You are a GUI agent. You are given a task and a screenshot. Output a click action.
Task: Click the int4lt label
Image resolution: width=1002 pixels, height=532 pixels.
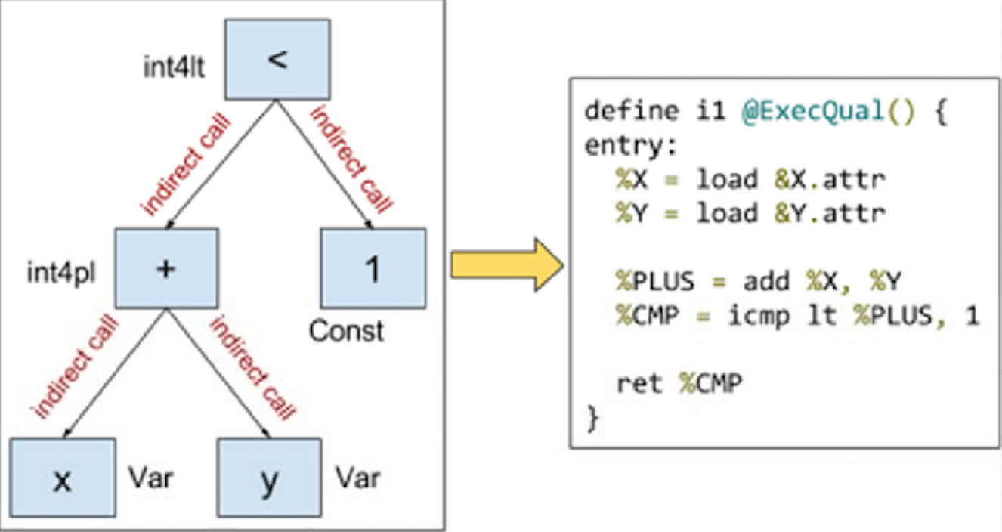174,68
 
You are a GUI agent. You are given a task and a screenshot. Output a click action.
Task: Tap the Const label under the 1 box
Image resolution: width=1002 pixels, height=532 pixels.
346,330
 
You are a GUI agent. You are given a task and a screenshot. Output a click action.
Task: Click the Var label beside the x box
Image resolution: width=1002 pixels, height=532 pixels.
150,478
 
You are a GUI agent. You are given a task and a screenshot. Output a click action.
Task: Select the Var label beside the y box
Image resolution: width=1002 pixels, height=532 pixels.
358,478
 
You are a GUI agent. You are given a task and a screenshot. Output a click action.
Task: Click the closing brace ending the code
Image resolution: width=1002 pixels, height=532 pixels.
592,418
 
